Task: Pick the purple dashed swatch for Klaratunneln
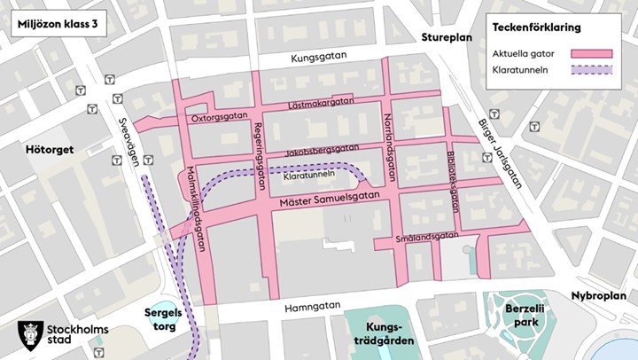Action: [x=593, y=70]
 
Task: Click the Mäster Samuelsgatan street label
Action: [x=330, y=200]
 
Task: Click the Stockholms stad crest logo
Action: [x=29, y=336]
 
